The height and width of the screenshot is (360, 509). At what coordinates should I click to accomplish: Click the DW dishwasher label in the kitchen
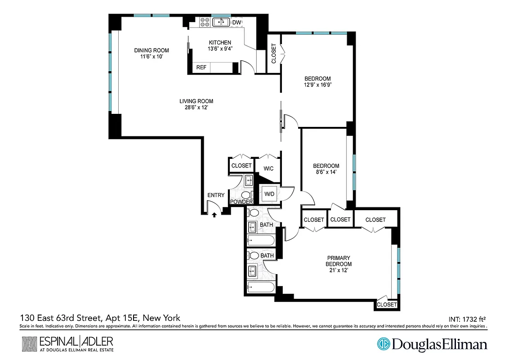pos(237,22)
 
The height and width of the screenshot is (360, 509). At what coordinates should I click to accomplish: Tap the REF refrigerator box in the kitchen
pos(201,67)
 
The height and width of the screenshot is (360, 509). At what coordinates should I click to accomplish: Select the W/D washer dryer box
pos(270,194)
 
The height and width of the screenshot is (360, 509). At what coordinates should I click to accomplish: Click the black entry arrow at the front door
pos(214,215)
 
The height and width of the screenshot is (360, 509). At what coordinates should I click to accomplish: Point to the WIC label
pos(269,169)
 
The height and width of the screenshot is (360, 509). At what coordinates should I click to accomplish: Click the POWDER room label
pos(241,202)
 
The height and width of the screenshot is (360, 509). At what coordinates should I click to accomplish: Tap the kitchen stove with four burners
pos(205,22)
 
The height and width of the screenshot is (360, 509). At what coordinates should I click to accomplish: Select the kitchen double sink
pos(221,22)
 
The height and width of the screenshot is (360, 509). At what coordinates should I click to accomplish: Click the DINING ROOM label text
pos(151,50)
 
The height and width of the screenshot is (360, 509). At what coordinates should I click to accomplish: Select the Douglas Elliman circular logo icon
pos(383,344)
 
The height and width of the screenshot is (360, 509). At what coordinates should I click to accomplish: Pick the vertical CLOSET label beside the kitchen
pos(274,54)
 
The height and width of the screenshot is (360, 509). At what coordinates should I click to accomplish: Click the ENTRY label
pos(216,195)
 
